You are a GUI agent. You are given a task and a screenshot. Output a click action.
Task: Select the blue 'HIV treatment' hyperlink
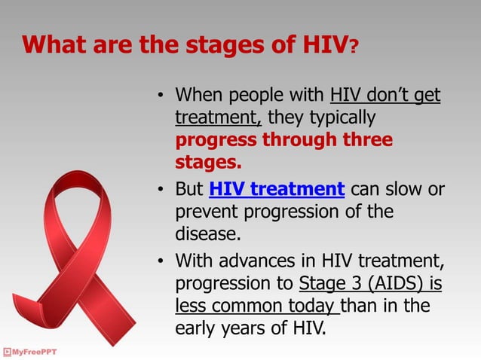click(x=277, y=188)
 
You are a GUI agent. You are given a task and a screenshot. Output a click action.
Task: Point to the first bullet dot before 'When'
click(x=160, y=98)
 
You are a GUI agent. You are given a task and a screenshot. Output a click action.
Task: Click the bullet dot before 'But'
click(x=160, y=190)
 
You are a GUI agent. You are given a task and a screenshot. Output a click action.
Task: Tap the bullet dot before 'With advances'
click(x=160, y=262)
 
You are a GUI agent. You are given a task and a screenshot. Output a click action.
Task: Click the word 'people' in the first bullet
click(x=256, y=97)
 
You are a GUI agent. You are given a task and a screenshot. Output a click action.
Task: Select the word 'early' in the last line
click(x=198, y=328)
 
